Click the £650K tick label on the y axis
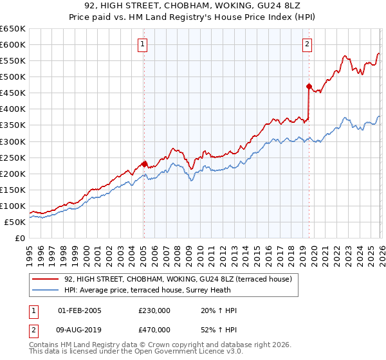[13, 29]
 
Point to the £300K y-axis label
[13, 141]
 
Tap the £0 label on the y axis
[19, 238]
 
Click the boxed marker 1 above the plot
[142, 44]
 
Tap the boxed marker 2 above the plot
[308, 44]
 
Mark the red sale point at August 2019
[309, 86]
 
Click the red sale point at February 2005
[144, 163]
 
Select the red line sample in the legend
[46, 279]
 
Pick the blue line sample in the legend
[46, 290]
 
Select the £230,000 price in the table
[154, 310]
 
